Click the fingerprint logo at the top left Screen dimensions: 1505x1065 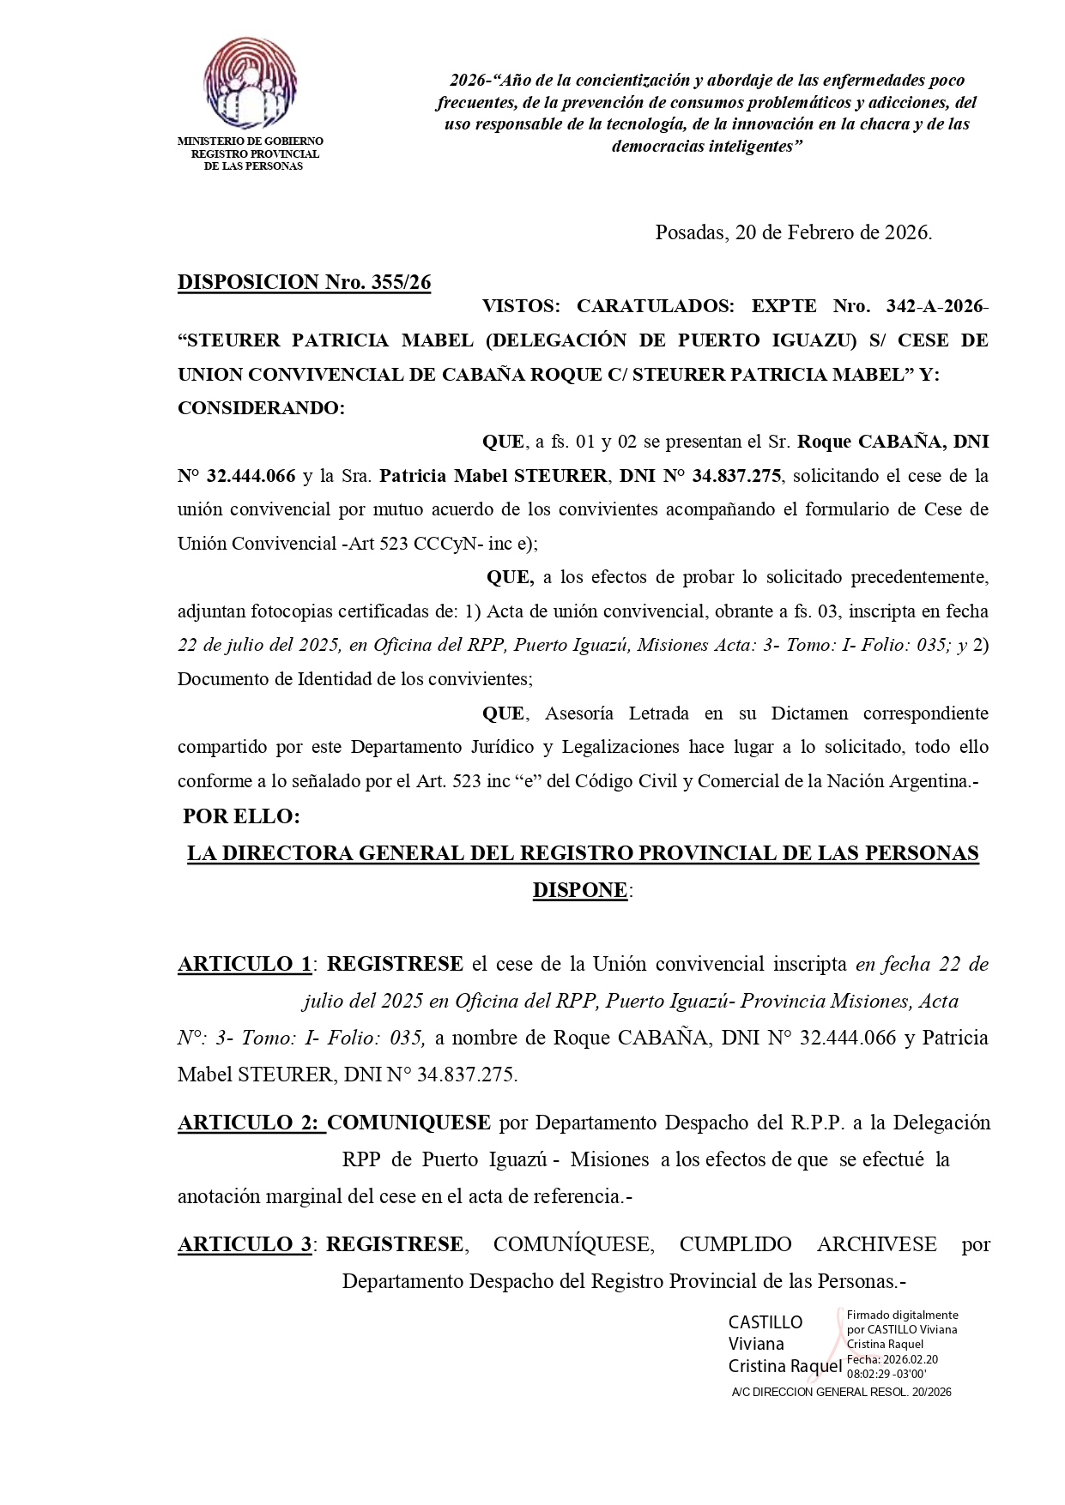(251, 82)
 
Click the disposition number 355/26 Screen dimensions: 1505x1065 (401, 283)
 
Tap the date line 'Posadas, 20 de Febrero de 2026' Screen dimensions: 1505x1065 (793, 232)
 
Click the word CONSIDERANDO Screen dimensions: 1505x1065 (261, 408)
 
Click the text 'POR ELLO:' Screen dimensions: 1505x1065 (241, 816)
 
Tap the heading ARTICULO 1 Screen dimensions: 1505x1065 (245, 964)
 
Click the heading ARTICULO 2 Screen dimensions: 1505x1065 (250, 1123)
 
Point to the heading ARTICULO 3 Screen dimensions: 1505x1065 (245, 1244)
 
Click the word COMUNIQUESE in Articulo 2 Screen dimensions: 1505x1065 (409, 1123)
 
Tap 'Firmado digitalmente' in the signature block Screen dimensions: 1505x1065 (902, 1315)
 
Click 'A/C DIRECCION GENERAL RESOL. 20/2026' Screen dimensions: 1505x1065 (841, 1392)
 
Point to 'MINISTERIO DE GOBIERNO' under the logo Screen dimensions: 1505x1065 (250, 141)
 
